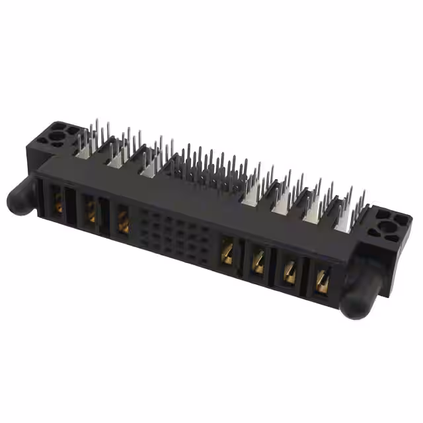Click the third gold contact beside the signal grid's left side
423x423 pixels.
click(x=123, y=221)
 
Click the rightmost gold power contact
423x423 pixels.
click(x=322, y=282)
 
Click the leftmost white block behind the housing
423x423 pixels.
click(x=84, y=151)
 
